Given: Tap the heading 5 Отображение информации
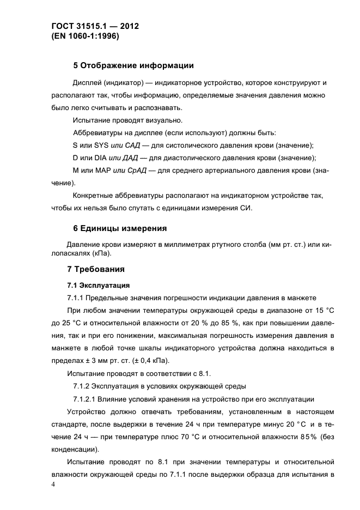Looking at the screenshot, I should [x=133, y=66].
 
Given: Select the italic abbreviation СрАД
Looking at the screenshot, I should [x=136, y=171].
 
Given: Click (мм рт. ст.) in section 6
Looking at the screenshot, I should [x=247, y=244].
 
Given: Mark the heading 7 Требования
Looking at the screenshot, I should [x=96, y=269].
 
